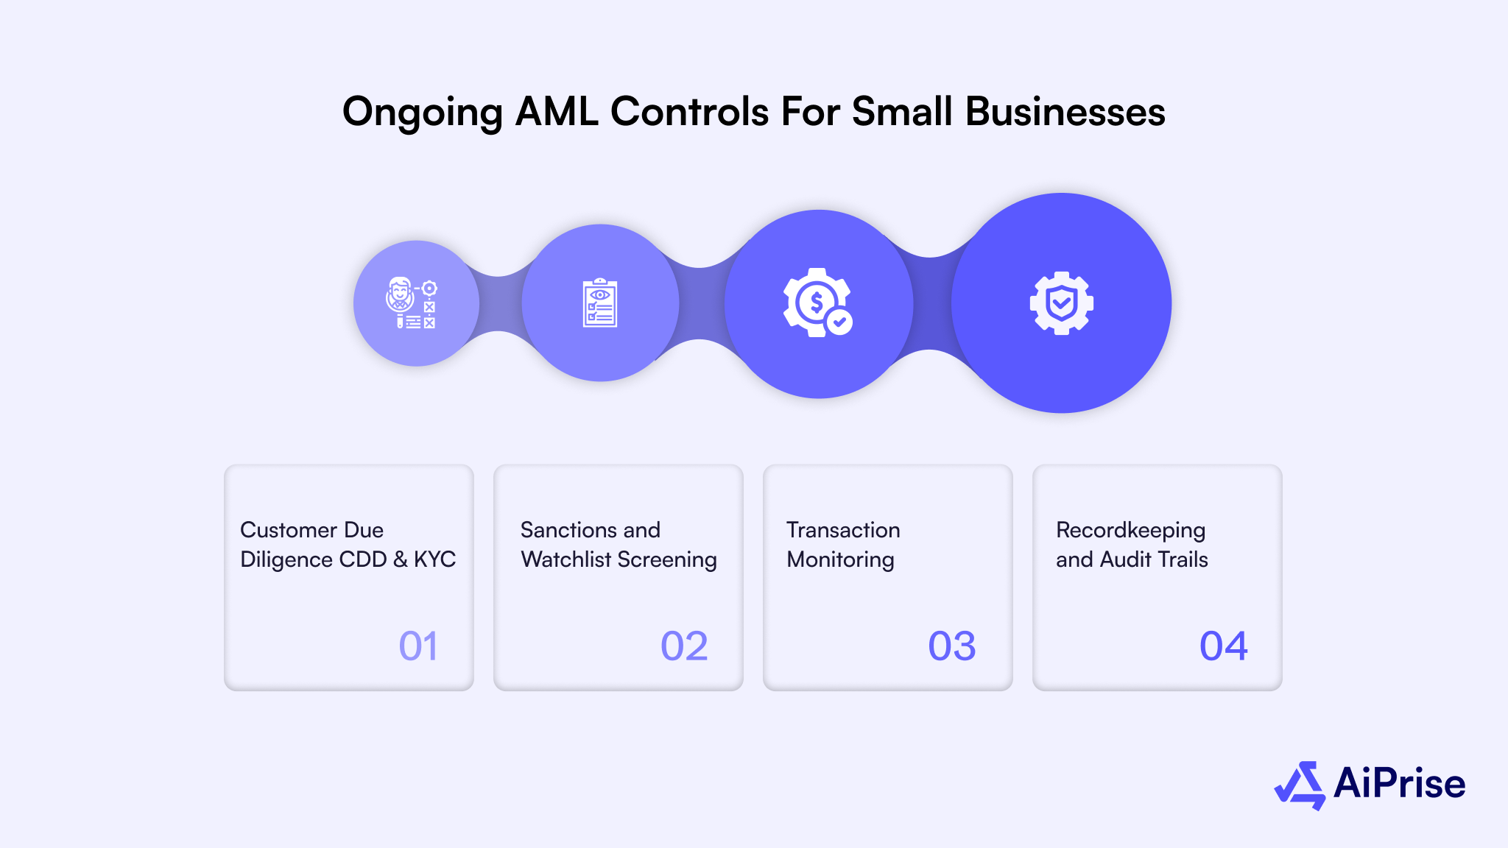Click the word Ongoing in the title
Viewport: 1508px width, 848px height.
tap(422, 113)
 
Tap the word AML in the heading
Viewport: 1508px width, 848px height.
tap(556, 112)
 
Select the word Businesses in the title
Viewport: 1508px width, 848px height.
tap(1065, 112)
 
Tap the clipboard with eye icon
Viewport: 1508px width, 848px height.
tap(600, 303)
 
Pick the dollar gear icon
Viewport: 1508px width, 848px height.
tap(816, 303)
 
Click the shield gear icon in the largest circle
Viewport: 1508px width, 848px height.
tap(1061, 303)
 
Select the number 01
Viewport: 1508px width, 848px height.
tap(418, 646)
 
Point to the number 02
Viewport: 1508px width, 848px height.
tap(684, 646)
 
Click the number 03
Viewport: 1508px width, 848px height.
tap(951, 646)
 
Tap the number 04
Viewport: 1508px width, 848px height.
tap(1223, 646)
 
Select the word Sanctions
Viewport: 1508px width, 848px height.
tap(559, 530)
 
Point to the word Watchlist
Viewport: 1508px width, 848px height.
tap(565, 559)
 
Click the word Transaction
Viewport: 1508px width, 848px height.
tap(843, 530)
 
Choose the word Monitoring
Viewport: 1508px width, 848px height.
tap(840, 559)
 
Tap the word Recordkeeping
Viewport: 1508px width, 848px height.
tap(1130, 531)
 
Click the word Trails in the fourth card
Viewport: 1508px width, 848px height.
tap(1183, 559)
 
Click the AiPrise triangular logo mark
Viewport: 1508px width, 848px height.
tap(1300, 785)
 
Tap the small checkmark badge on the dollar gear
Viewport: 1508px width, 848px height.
tap(839, 322)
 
